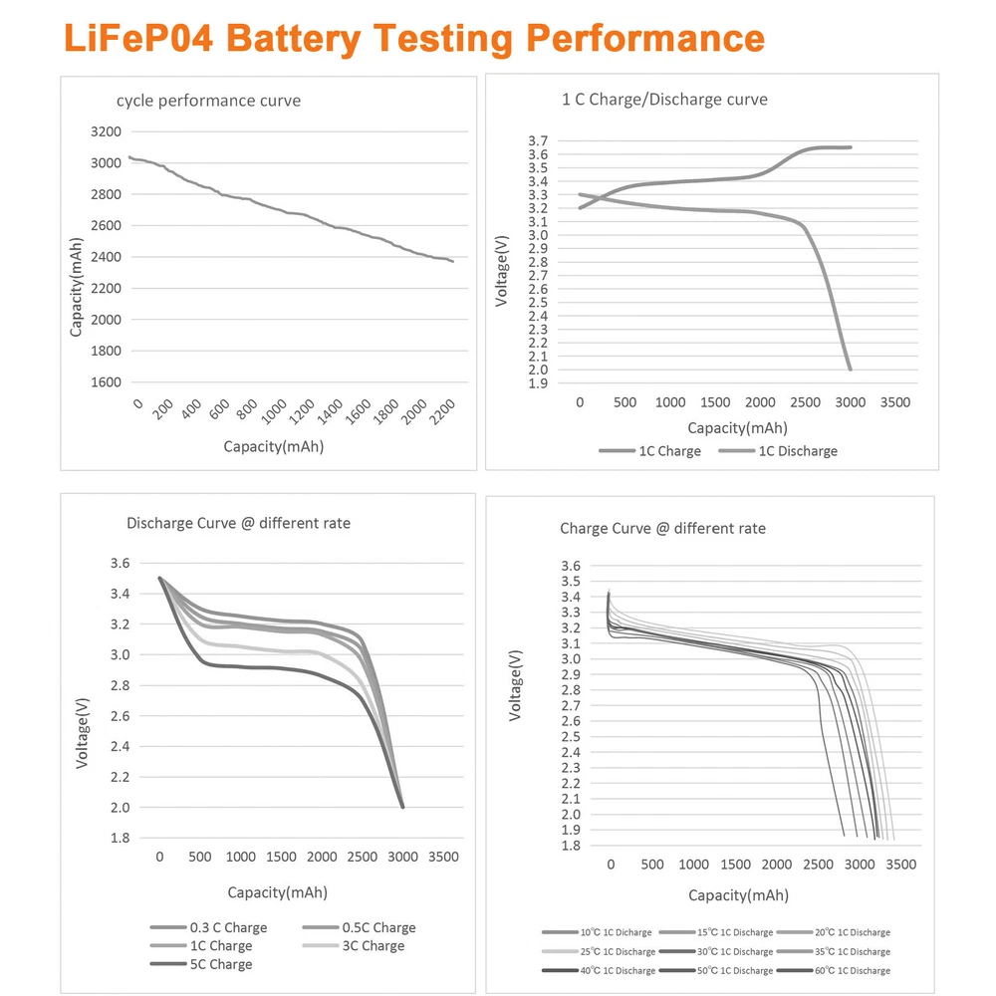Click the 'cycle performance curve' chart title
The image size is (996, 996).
coord(208,101)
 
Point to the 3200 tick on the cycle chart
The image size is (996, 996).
coord(105,131)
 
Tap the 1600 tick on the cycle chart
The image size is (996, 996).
coord(105,382)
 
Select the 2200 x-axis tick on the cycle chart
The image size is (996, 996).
coord(444,407)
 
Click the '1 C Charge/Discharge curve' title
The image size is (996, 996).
coord(664,100)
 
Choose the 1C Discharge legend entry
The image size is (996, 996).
coord(798,451)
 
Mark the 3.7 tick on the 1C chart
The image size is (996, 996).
coord(538,141)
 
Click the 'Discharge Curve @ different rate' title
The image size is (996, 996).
coord(238,523)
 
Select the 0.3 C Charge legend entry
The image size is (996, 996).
coord(228,928)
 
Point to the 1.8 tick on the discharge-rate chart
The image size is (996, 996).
coord(120,838)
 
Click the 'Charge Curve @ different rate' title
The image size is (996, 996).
coord(662,529)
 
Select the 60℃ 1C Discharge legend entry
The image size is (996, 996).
coord(849,970)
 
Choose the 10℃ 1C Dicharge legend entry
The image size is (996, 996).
coord(613,933)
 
